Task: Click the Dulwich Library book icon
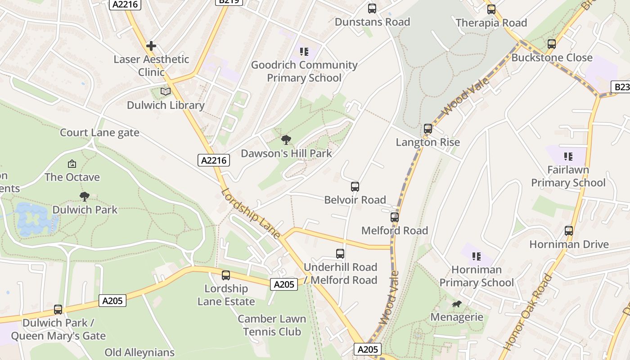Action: (x=166, y=91)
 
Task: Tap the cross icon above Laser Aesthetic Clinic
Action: (x=151, y=46)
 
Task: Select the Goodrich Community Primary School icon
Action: (x=304, y=52)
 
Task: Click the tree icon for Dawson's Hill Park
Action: (x=286, y=139)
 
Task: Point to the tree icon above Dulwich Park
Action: (x=85, y=196)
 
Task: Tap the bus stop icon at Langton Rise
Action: (x=428, y=129)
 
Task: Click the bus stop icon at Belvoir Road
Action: (x=355, y=186)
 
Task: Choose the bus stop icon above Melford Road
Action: (x=395, y=217)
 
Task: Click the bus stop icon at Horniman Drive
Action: (x=569, y=231)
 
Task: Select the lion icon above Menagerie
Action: (x=457, y=304)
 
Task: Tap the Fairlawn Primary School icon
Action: (x=568, y=157)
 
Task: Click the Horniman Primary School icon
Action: (x=477, y=256)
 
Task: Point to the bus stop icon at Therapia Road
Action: (x=491, y=9)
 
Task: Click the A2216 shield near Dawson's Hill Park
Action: (x=214, y=160)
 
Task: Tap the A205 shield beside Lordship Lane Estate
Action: (x=284, y=284)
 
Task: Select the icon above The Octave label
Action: (x=72, y=164)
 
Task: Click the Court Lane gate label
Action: (x=99, y=133)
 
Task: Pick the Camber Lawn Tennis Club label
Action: (x=272, y=325)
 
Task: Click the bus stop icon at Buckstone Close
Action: (x=552, y=44)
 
